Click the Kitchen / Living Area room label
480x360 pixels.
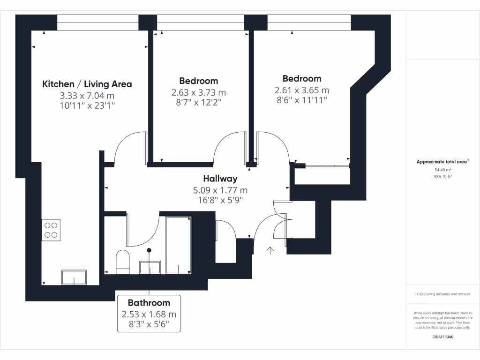pyautogui.click(x=87, y=84)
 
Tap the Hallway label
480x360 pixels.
pyautogui.click(x=220, y=179)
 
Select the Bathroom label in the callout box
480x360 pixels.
pyautogui.click(x=149, y=303)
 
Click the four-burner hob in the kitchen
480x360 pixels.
pyautogui.click(x=51, y=230)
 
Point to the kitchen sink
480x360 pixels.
pyautogui.click(x=74, y=277)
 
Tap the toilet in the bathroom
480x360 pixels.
pyautogui.click(x=122, y=262)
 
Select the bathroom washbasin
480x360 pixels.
pyautogui.click(x=150, y=267)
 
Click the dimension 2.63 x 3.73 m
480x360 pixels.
pyautogui.click(x=199, y=93)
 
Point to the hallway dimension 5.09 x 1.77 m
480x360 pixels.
pyautogui.click(x=220, y=190)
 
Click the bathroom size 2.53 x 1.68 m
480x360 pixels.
pyautogui.click(x=149, y=314)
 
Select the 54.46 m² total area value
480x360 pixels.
pyautogui.click(x=442, y=170)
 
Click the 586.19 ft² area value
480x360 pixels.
pyautogui.click(x=442, y=177)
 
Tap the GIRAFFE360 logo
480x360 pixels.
pyautogui.click(x=442, y=337)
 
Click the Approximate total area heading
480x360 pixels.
pyautogui.click(x=442, y=162)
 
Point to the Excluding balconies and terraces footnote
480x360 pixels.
pyautogui.click(x=442, y=294)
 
